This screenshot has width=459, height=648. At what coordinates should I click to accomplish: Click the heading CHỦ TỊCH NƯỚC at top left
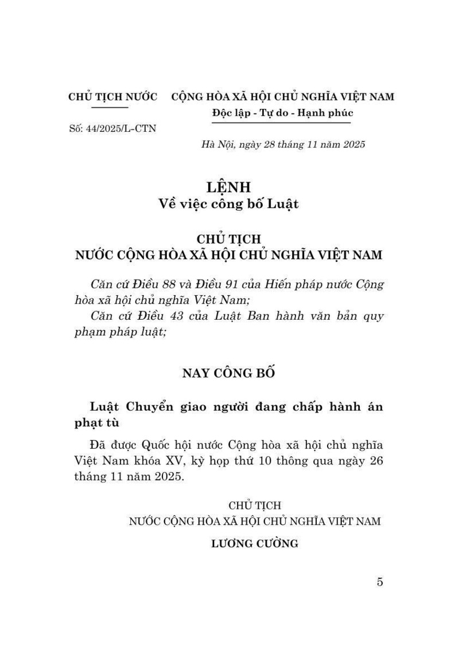[113, 97]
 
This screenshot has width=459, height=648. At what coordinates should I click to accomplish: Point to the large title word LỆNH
[229, 187]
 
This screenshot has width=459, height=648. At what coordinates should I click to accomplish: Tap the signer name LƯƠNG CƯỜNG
[255, 544]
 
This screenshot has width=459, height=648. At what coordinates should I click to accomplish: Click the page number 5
[380, 582]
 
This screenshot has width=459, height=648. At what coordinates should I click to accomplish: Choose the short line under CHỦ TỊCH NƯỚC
[109, 107]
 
